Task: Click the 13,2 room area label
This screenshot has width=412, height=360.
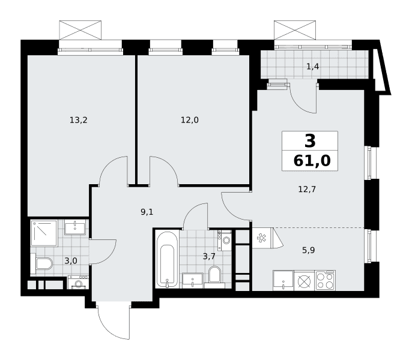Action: [x=78, y=120]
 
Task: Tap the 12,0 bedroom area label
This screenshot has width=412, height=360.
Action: [x=189, y=120]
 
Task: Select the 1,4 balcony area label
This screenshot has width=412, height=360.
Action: [x=313, y=67]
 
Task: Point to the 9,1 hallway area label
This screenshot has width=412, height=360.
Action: [x=147, y=212]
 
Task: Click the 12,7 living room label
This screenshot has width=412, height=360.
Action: [x=307, y=189]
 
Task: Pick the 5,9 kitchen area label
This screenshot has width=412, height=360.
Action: [x=308, y=250]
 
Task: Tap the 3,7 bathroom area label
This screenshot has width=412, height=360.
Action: [x=209, y=256]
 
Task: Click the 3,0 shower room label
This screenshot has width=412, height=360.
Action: [x=71, y=261]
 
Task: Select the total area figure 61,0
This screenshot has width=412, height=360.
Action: [x=312, y=161]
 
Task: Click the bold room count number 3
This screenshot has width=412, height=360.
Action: [x=310, y=141]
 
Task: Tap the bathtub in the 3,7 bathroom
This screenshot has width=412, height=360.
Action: [x=167, y=259]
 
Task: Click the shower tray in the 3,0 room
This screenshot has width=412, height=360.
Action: [x=44, y=233]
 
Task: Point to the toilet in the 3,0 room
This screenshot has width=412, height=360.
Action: [x=42, y=263]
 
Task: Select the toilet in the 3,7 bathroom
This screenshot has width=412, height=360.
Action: [x=214, y=276]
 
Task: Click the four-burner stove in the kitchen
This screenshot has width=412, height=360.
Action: [x=326, y=280]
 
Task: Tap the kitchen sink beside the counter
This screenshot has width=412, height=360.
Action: [x=283, y=280]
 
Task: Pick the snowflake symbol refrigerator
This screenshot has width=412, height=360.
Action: [x=261, y=238]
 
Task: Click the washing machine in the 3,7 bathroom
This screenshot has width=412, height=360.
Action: [x=225, y=240]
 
